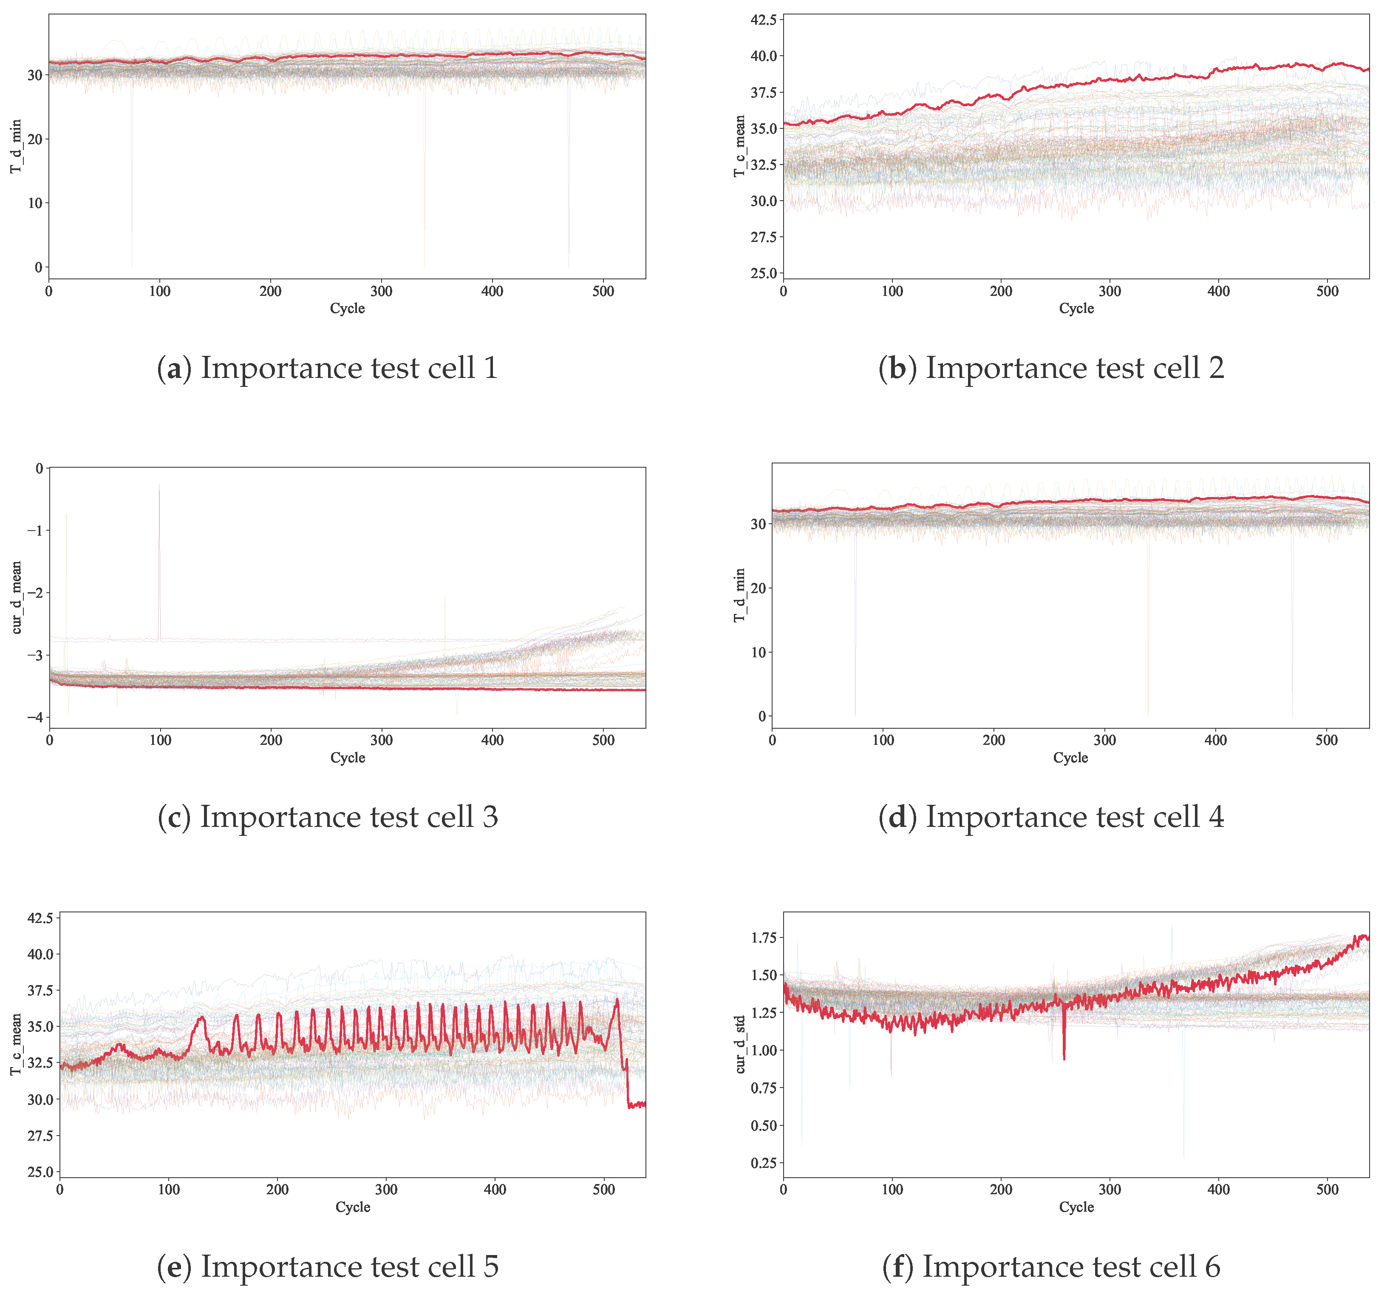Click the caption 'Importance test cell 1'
(328, 368)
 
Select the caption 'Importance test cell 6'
(1051, 1267)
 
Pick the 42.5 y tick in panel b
(763, 20)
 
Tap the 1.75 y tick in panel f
(763, 937)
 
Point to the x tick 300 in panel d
(1104, 740)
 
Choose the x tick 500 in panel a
(603, 291)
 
